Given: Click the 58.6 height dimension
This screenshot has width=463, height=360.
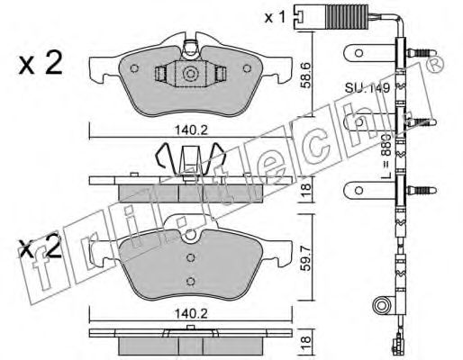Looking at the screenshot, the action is pos(306,75).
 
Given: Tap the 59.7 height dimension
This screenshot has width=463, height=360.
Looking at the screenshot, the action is pos(306,257).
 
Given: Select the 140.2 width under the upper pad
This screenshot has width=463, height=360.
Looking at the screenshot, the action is pos(191,130).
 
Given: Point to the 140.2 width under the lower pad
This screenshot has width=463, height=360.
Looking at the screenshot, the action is pos(191,314).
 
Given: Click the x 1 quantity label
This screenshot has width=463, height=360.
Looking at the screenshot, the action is pos(275,18).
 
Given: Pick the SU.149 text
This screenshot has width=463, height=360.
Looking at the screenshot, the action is pos(368,88).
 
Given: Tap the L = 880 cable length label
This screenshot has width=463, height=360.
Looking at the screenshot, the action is pos(386,157).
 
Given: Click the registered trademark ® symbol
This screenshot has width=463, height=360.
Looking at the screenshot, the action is pos(435,64).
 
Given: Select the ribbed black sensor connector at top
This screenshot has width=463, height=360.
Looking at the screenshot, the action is pos(348,17).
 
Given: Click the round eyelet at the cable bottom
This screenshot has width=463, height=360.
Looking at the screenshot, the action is pos(381,306).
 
